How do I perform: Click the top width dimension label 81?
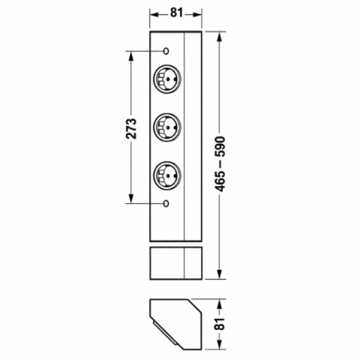tap(176, 12)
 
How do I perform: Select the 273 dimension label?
tap(131, 128)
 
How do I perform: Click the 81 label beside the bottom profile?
tap(221, 323)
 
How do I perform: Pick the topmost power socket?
tap(167, 79)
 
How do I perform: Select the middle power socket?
tap(167, 127)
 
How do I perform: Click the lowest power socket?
tap(167, 175)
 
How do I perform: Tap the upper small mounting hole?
tap(166, 51)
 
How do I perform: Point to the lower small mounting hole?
tap(166, 203)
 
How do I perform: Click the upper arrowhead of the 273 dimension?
tap(131, 56)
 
